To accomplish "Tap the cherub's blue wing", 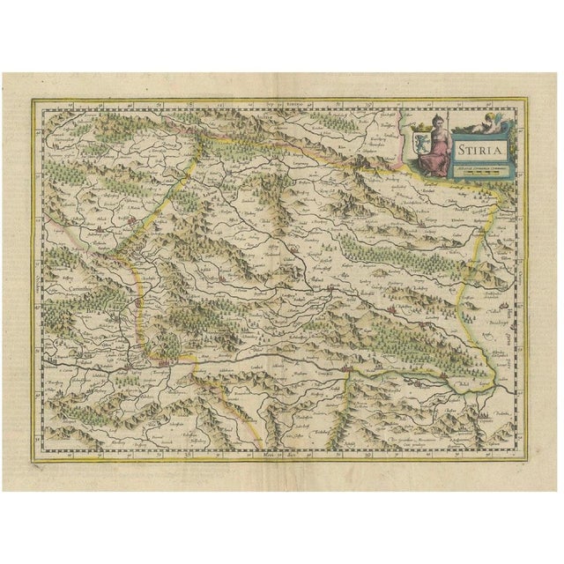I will (x=495, y=122).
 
